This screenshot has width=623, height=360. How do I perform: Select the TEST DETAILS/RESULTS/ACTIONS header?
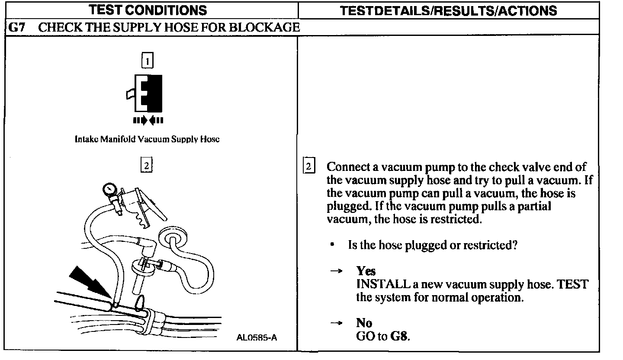(449, 10)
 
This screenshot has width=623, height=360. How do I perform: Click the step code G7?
(17, 27)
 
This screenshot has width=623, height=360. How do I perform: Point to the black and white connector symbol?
(147, 93)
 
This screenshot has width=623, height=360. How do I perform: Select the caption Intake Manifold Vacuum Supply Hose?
(147, 140)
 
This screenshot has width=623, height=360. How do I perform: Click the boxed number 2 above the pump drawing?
(147, 166)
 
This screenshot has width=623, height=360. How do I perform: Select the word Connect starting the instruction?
(346, 167)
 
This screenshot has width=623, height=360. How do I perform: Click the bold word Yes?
(366, 271)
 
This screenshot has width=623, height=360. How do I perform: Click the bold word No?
(364, 323)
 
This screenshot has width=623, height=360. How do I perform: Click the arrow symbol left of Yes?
(336, 271)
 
